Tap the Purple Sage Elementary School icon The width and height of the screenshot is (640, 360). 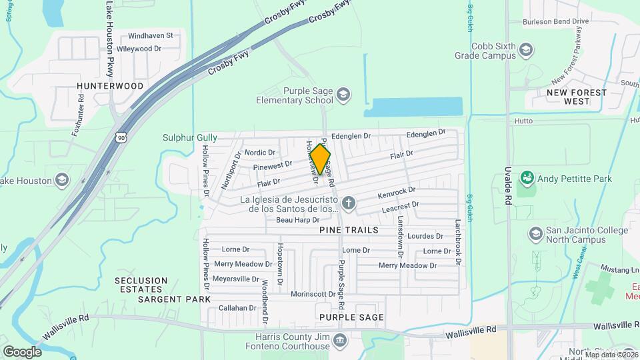click(x=343, y=93)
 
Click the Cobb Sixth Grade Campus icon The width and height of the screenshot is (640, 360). click(x=526, y=51)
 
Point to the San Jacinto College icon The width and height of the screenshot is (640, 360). click(x=535, y=234)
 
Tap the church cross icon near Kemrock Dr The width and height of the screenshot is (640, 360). click(x=347, y=203)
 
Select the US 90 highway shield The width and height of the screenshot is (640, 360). click(x=120, y=137)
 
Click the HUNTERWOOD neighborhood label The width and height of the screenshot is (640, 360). click(x=110, y=87)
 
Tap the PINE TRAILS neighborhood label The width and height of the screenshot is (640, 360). click(x=349, y=230)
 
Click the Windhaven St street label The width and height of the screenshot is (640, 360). click(x=150, y=35)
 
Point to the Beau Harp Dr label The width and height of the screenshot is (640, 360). click(x=298, y=220)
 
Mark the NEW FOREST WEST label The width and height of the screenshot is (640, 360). click(x=577, y=97)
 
